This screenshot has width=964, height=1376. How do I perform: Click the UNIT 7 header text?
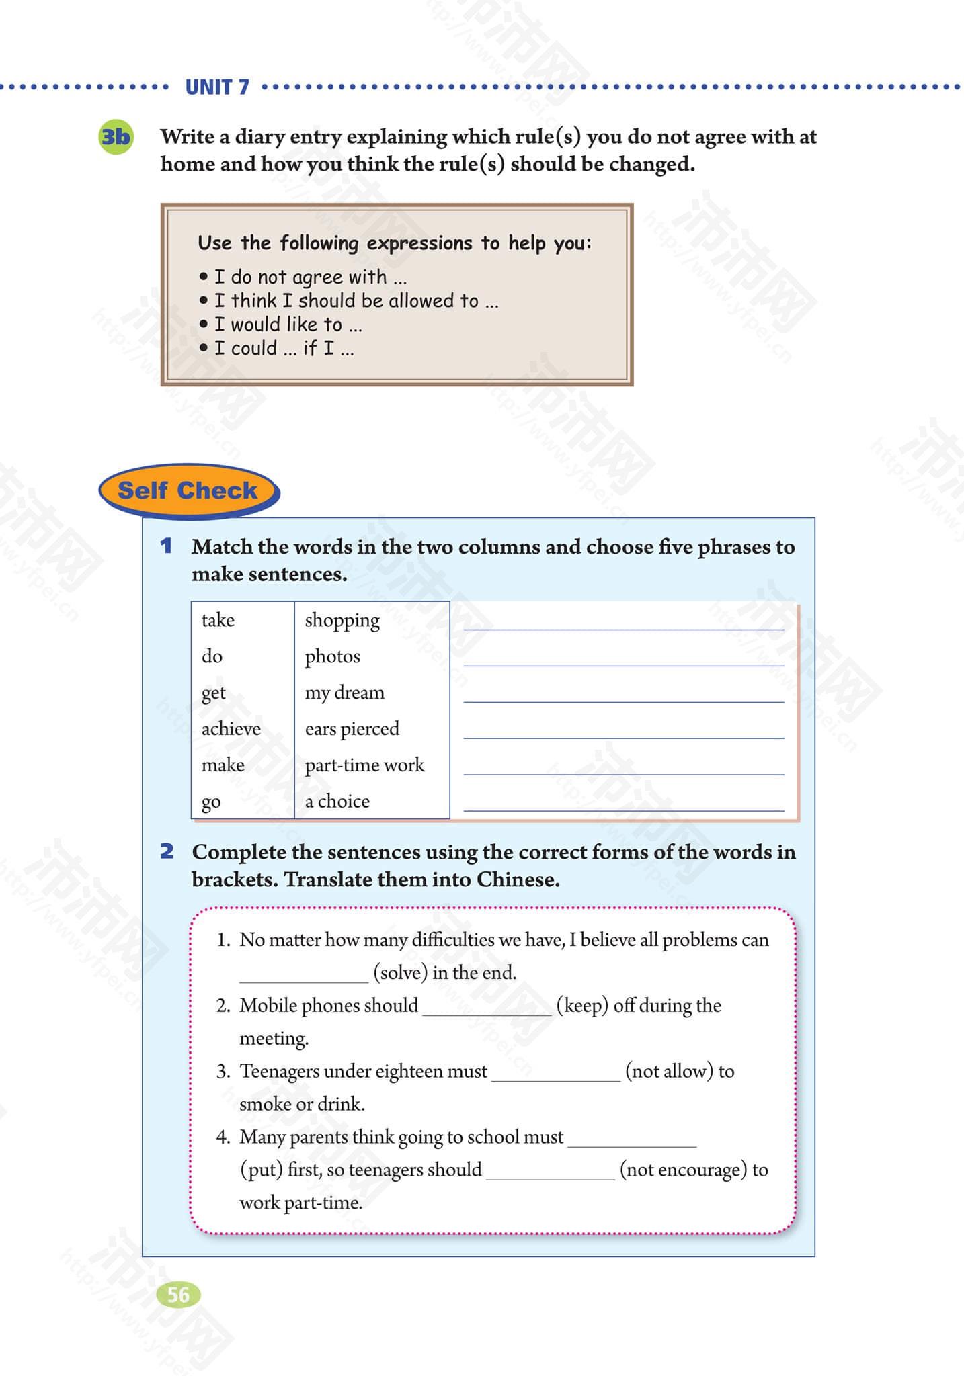coord(216,87)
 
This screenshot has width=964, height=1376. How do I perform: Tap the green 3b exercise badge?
coord(116,137)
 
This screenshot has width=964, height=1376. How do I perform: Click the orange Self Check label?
coord(188,490)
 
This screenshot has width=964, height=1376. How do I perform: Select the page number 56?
coord(178,1294)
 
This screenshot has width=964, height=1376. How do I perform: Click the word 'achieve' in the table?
coord(231,729)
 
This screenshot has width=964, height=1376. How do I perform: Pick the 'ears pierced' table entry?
coord(352,729)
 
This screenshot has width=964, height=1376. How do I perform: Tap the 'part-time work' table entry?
coord(364,765)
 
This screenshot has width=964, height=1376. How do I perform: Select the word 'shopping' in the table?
coord(342,620)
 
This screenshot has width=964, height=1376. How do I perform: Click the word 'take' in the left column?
coord(218,620)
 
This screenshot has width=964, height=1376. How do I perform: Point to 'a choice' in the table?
coord(337,802)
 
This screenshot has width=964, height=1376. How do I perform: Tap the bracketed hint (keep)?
coord(582,1005)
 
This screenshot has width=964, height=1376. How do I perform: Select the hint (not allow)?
coord(669,1071)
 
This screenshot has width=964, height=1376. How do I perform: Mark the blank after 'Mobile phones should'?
coord(487,1008)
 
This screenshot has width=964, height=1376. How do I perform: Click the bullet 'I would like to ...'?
coord(287,325)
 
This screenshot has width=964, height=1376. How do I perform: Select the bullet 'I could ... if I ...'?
coord(283,348)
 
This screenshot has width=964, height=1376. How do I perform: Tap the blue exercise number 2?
coord(167,851)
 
